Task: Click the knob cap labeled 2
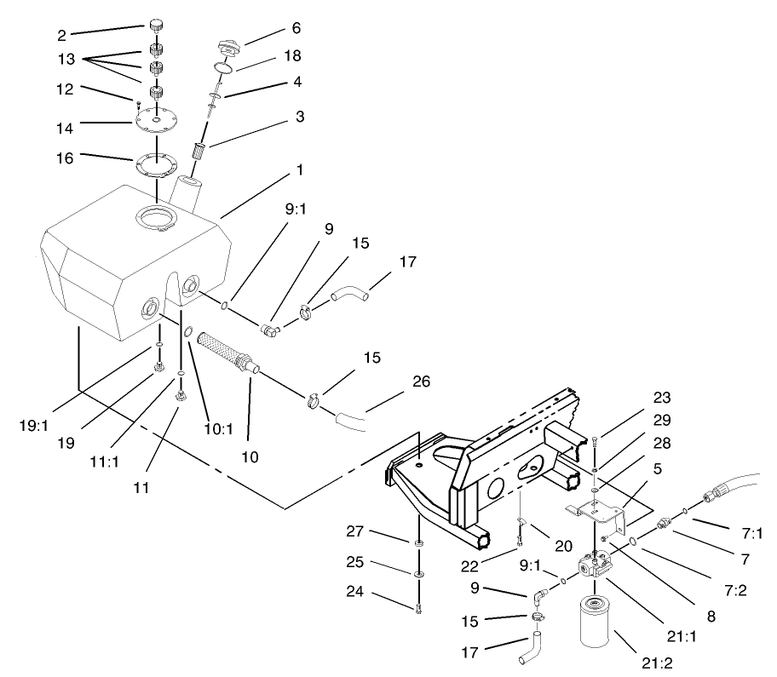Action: pos(157,24)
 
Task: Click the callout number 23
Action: pos(663,398)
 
